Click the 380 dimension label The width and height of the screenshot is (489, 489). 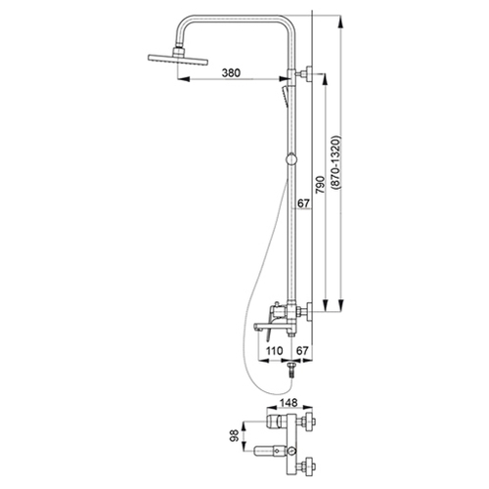[231, 72]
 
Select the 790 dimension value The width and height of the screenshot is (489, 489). [321, 185]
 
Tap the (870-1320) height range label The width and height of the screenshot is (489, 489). [335, 162]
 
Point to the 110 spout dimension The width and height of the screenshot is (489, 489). [274, 351]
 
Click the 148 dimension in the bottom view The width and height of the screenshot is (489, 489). [289, 403]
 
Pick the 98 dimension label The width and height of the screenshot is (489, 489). [235, 436]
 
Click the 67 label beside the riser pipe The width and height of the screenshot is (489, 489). [303, 203]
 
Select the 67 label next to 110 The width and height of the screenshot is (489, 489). [302, 351]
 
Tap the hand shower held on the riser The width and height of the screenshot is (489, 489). [285, 96]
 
